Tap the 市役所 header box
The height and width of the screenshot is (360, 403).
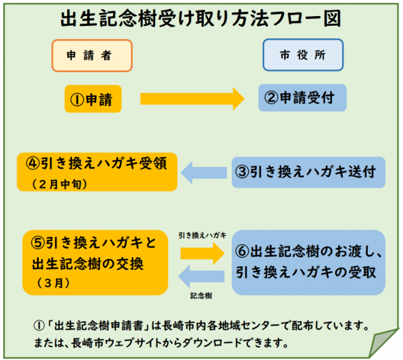[x=303, y=55]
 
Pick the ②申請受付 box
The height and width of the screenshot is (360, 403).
[x=303, y=98]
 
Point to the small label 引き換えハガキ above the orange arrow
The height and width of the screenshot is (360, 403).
[x=202, y=235]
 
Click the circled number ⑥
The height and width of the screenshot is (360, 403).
[x=243, y=251]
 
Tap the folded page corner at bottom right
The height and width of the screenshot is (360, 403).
[x=382, y=341]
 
